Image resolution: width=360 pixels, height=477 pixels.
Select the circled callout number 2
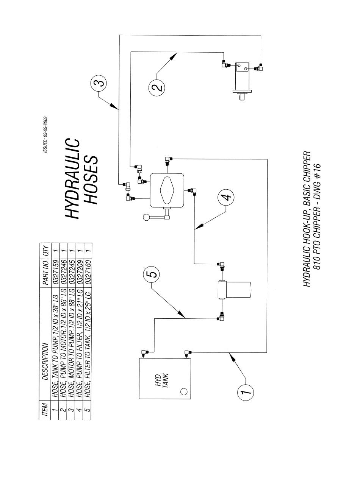coord(157,87)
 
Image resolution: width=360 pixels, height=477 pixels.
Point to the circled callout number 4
coord(226,197)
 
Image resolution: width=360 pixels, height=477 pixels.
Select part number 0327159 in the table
coord(55,272)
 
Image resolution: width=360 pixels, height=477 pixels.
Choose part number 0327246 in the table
coord(63,272)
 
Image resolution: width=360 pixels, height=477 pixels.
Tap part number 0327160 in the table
coord(88,272)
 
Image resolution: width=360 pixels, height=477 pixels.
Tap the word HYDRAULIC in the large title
coord(72,178)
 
